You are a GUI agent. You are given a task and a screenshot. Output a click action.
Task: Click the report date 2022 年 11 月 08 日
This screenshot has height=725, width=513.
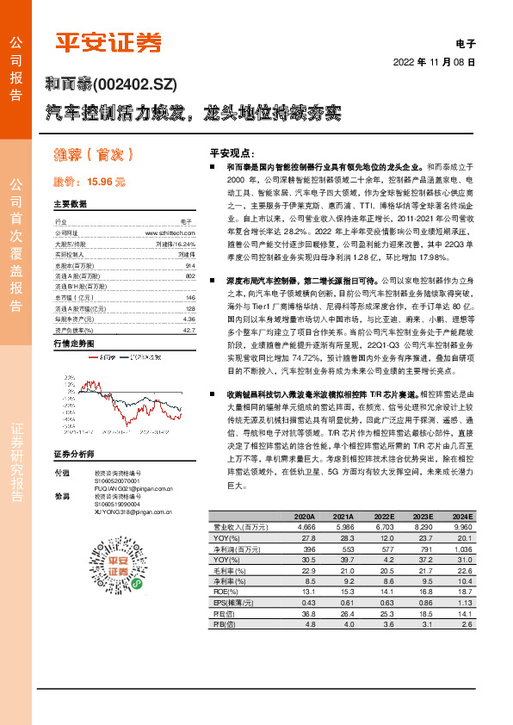434,63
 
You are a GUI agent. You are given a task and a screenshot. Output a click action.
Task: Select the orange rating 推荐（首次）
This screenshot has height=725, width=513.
91,155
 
